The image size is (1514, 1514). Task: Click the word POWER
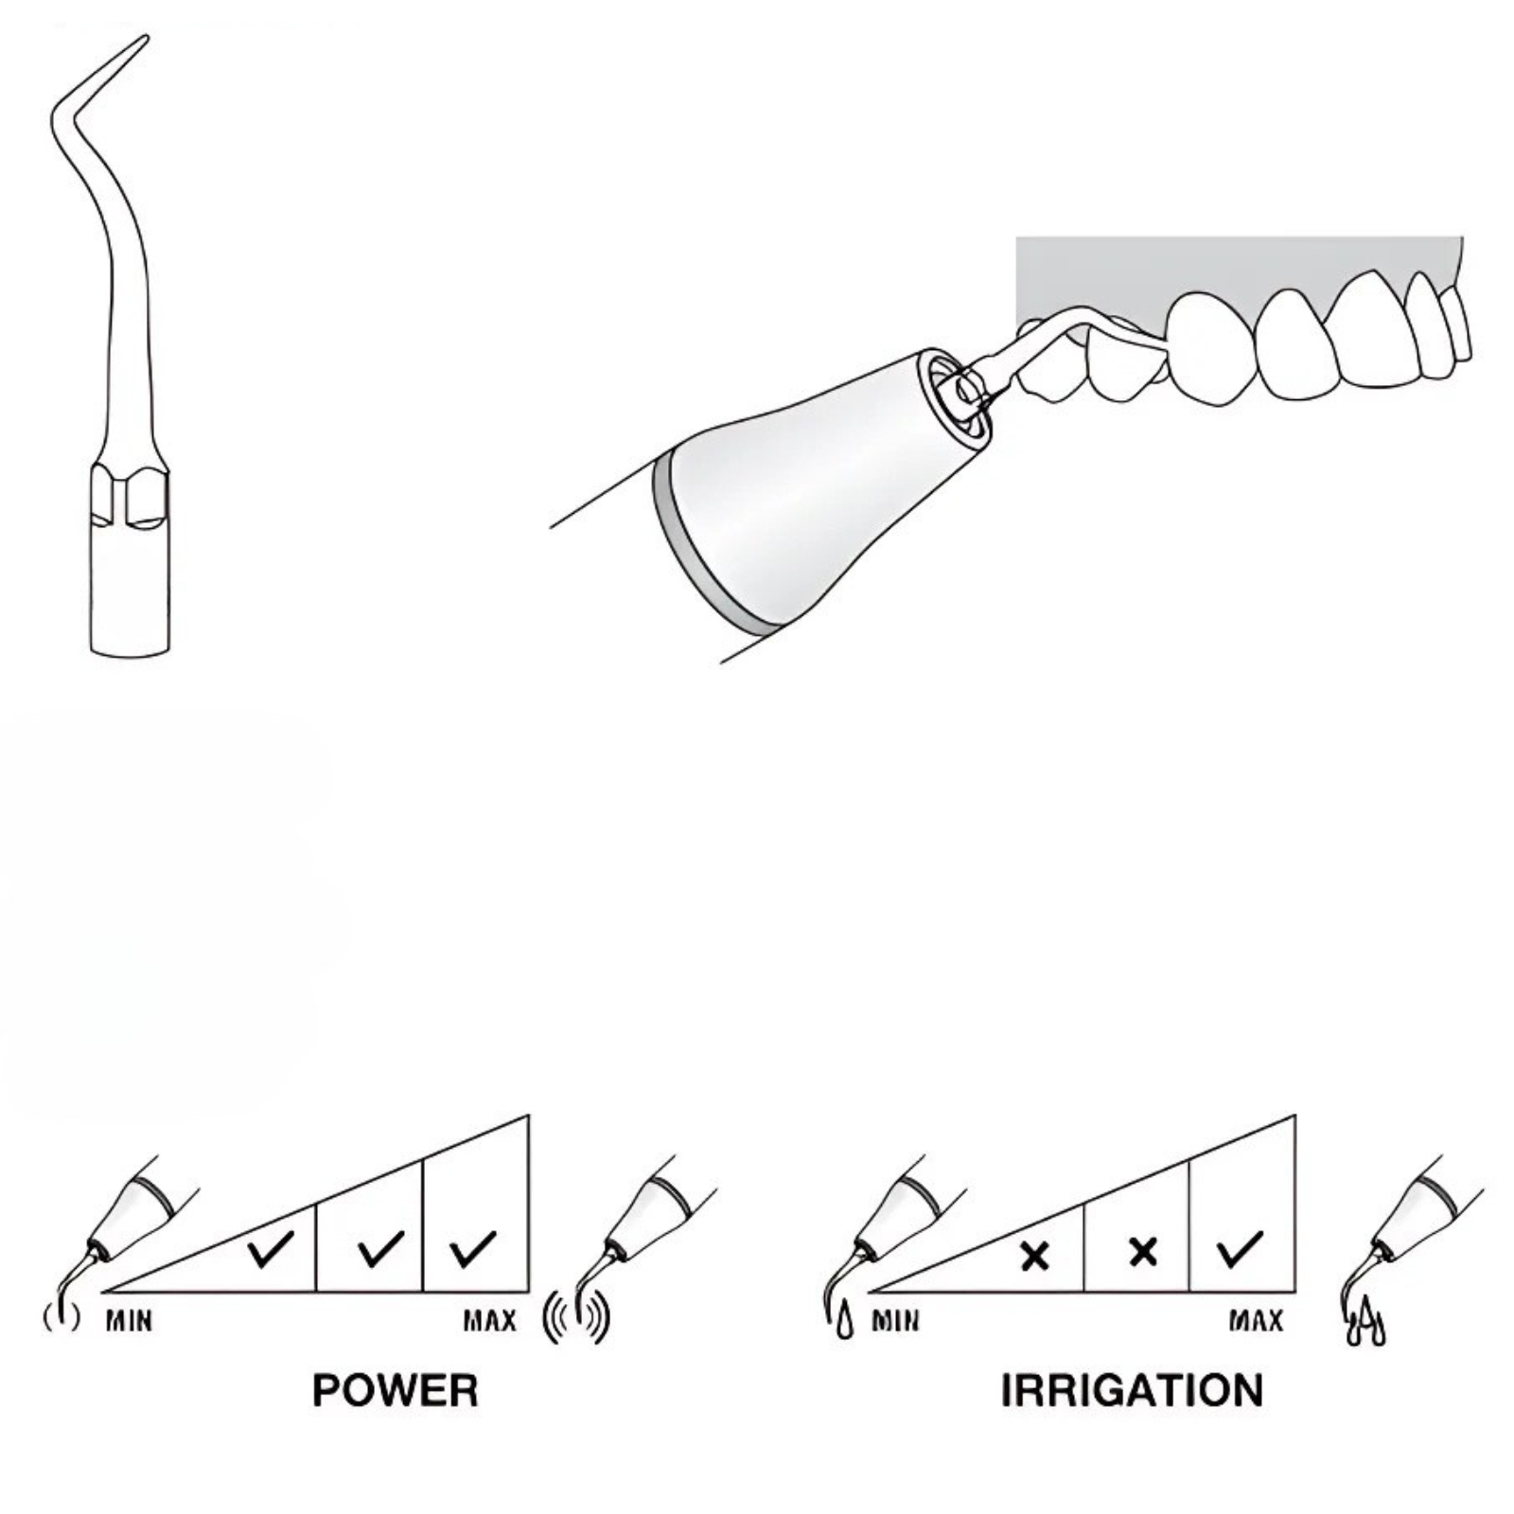[395, 1390]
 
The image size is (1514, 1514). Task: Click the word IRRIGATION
[1132, 1390]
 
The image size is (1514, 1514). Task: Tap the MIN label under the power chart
[129, 1320]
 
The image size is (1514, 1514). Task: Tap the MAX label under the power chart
[489, 1320]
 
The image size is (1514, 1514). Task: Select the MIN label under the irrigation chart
[894, 1320]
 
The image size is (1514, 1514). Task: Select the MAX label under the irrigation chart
[1256, 1320]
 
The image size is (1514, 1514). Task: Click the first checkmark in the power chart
[271, 1249]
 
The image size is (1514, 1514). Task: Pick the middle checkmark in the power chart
[381, 1249]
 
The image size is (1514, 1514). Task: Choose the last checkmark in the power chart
[473, 1249]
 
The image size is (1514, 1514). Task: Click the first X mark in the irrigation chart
[1035, 1256]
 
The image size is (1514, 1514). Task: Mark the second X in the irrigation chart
[1143, 1252]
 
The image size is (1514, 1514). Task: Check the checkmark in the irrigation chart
[1240, 1249]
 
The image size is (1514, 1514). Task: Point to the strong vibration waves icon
[576, 1318]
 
